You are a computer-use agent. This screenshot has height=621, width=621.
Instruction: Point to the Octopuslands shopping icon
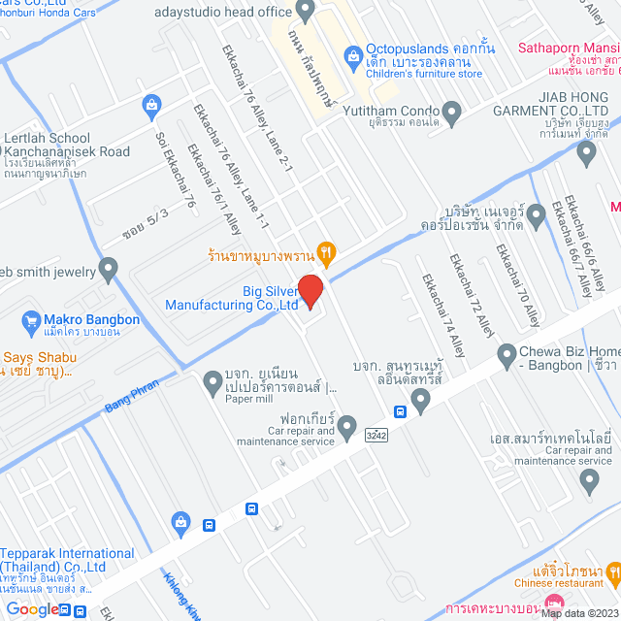[351, 49]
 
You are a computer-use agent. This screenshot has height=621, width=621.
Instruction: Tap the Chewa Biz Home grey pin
[506, 356]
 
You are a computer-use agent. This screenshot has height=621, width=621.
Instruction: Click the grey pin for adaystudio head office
[307, 12]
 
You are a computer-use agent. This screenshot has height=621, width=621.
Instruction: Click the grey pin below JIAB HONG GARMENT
[585, 152]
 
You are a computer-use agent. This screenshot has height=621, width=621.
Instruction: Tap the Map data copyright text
[579, 613]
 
